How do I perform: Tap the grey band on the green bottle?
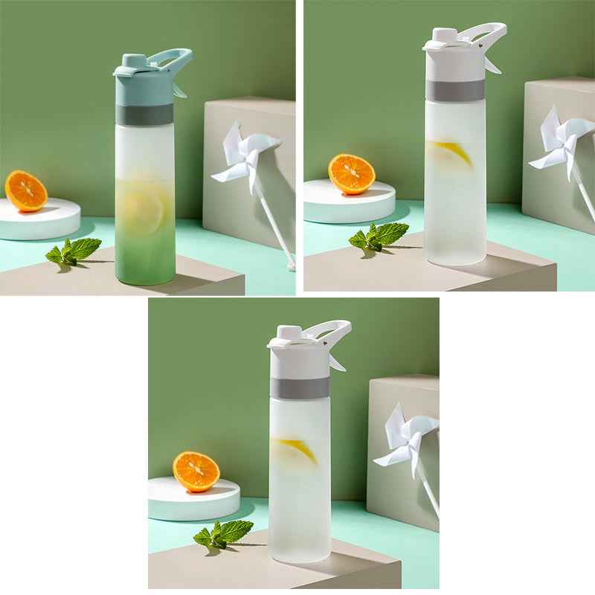tap(144, 114)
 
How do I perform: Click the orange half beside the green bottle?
tap(26, 191)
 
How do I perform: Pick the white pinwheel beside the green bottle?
tap(245, 155)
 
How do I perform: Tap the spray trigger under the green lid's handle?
tap(179, 91)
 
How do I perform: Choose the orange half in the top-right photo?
tap(351, 174)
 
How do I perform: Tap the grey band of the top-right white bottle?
tap(455, 90)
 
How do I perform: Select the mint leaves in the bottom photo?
tap(222, 533)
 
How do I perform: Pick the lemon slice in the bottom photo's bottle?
tap(297, 449)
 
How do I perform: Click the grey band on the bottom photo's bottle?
tap(300, 387)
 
